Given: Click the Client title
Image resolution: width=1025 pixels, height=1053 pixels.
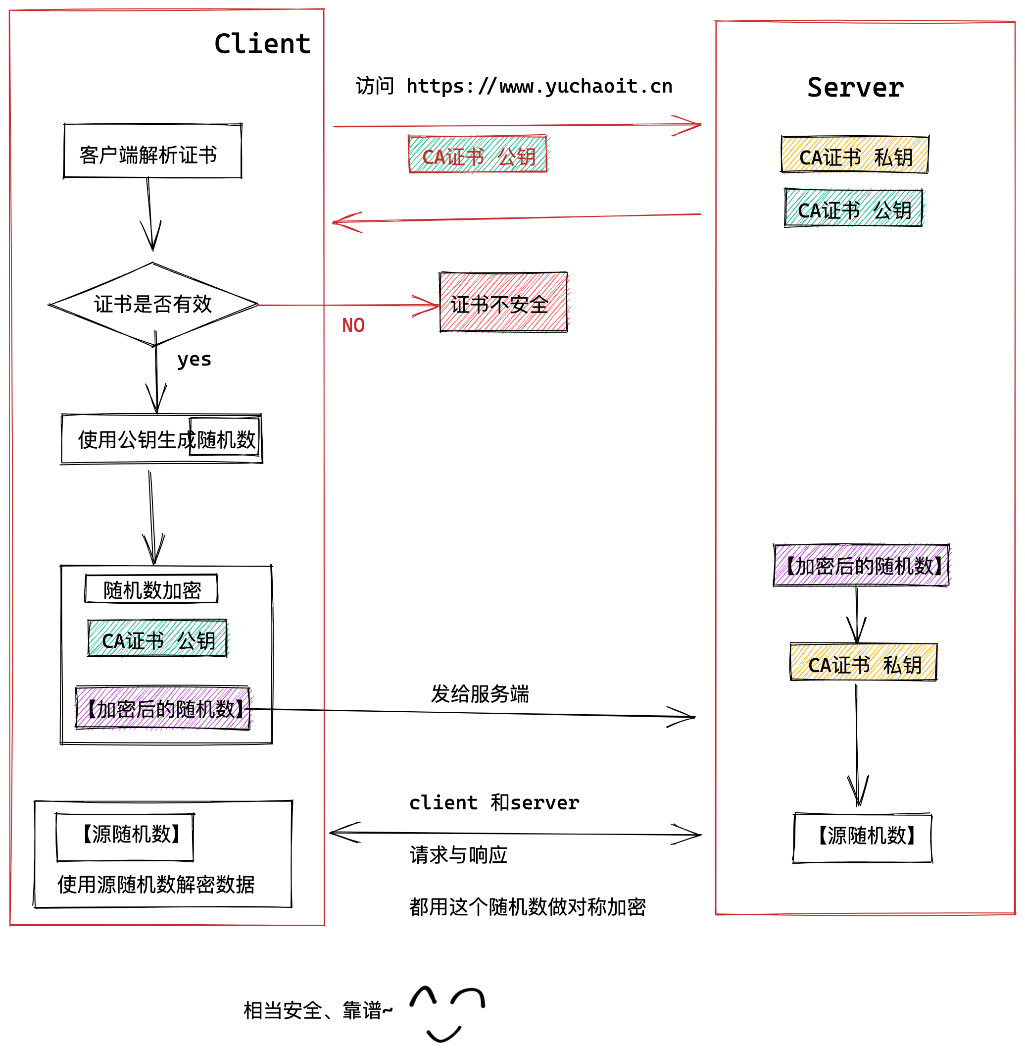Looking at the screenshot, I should point(262,44).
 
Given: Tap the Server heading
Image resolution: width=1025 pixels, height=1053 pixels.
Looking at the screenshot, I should point(855,87).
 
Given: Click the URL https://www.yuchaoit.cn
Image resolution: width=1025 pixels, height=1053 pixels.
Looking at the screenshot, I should point(539,86).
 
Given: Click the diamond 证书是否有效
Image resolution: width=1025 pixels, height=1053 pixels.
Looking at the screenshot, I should point(153,304).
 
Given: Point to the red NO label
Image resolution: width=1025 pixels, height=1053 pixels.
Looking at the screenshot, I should point(353,325).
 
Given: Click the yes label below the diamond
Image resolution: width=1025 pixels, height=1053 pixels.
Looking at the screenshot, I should point(194,359).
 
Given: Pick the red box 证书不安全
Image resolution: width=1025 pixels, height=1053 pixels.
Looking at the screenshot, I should point(503,302).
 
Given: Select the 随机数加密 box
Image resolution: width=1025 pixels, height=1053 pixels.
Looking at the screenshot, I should point(151,589).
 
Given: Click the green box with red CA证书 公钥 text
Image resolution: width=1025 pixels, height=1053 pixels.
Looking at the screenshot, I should point(478,155).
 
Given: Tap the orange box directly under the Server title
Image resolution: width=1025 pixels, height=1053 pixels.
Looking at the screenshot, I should point(855,155).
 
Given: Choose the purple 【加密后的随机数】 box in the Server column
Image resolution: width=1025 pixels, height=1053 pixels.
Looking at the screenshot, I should point(861,565).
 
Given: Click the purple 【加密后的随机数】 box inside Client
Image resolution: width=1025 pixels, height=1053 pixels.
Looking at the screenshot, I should point(163,708).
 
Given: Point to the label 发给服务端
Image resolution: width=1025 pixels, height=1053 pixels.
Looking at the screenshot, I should point(480,694).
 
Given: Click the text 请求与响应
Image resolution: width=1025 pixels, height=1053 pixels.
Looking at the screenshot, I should point(458,855).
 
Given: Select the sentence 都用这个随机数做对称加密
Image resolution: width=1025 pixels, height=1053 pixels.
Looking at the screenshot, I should point(527,907).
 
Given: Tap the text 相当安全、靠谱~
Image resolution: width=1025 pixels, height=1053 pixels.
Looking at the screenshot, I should point(318,1011).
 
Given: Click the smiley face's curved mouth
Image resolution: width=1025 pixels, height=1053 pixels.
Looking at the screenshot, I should point(443,1035).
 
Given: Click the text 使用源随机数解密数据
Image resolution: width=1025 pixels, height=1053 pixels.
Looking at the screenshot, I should point(156,885).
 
